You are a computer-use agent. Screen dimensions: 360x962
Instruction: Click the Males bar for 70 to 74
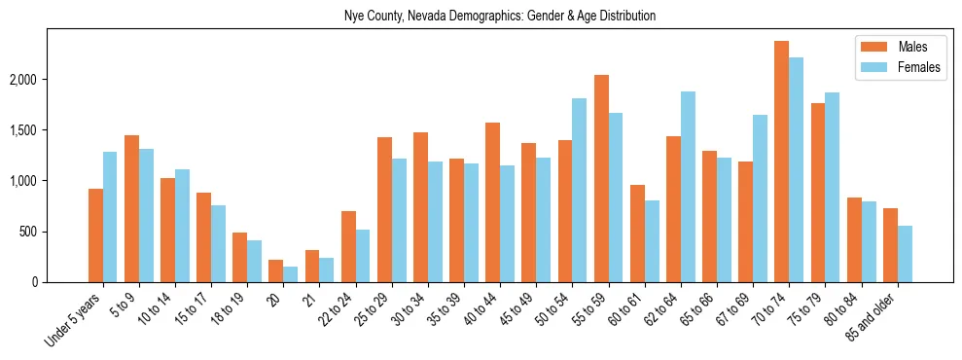click(781, 162)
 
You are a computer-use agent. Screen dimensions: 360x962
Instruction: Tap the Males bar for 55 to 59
click(601, 178)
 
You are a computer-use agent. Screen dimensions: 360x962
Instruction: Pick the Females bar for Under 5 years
click(110, 217)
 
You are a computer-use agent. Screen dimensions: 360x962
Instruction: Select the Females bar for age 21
click(327, 270)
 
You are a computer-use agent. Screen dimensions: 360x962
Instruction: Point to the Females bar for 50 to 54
click(580, 190)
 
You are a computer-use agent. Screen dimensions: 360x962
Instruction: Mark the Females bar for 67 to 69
click(760, 198)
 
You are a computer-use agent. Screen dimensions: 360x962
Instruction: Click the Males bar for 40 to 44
click(492, 202)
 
